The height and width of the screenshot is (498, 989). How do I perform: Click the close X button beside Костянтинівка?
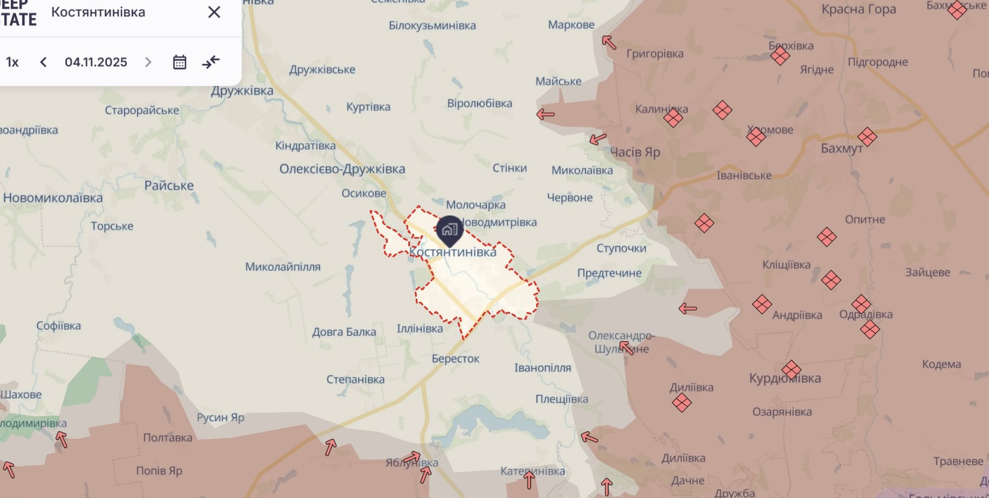[x=214, y=12]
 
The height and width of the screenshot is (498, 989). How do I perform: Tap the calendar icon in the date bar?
[x=180, y=62]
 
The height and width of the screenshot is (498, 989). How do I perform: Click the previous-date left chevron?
[x=44, y=62]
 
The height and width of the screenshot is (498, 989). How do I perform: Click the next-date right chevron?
[x=148, y=62]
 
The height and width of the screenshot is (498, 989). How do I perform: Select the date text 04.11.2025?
[x=96, y=62]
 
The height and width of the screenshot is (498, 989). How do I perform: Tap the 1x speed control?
[x=12, y=62]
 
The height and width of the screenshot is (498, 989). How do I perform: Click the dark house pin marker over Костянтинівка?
[x=449, y=230]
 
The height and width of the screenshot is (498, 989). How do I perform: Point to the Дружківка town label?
[x=242, y=91]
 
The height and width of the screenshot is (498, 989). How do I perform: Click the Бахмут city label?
[x=841, y=148]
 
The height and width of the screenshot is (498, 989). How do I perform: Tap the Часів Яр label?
[x=635, y=152]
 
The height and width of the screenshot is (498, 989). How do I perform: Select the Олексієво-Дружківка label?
[x=342, y=169]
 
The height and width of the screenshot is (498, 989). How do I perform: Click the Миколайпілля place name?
[x=283, y=267]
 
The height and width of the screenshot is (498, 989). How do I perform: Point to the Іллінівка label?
[x=420, y=328]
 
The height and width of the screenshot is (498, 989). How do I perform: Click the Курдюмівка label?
[x=785, y=378]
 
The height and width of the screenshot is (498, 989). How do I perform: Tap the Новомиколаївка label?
[x=53, y=198]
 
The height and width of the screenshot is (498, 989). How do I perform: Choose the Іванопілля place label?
[x=542, y=368]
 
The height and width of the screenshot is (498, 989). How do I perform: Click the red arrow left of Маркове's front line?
[x=609, y=42]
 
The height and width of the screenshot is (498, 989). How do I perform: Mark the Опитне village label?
[x=864, y=219]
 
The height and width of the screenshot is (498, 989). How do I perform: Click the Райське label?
[x=169, y=185]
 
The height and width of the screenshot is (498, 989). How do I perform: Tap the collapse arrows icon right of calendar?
[x=211, y=62]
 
